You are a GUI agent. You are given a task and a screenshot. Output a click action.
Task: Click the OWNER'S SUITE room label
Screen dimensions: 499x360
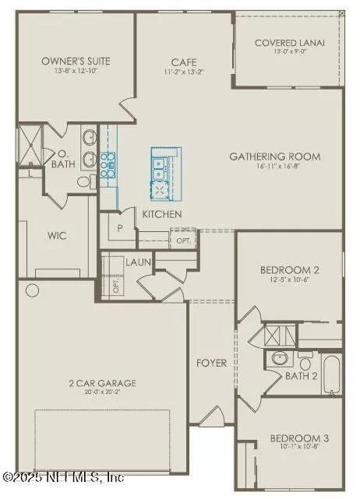[x=76, y=61]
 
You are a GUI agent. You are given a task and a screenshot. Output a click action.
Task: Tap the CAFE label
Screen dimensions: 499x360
[x=184, y=63]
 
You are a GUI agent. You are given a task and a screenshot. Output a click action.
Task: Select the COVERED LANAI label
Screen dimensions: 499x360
[x=290, y=43]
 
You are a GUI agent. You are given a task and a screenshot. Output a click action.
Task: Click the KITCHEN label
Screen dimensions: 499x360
[x=161, y=213]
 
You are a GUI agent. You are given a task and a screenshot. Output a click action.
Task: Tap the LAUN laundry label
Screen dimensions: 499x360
[x=139, y=262]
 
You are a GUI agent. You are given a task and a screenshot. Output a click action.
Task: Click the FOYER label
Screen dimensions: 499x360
[x=211, y=363]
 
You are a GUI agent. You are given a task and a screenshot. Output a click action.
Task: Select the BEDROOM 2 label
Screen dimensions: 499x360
[x=290, y=270]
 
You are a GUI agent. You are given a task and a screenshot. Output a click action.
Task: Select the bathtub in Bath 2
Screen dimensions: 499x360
[x=332, y=374]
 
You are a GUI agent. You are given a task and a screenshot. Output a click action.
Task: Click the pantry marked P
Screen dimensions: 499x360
[x=121, y=228]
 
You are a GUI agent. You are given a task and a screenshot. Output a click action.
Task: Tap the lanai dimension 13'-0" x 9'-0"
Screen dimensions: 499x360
[x=290, y=52]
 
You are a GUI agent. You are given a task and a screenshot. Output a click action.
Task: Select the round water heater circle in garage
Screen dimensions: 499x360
[x=32, y=290]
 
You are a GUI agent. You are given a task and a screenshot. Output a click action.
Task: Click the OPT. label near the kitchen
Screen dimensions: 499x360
[x=183, y=241]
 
